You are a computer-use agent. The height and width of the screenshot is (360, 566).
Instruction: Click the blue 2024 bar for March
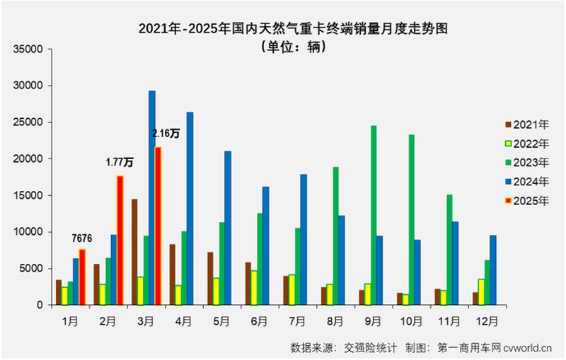pos(151,198)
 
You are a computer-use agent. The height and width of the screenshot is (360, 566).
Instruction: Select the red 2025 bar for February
pos(120,240)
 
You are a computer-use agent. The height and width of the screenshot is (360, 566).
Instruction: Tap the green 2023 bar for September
pos(374,215)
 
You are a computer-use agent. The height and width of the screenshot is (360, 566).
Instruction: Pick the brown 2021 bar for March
pos(134,252)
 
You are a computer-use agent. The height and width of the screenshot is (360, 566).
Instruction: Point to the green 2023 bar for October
pos(412,219)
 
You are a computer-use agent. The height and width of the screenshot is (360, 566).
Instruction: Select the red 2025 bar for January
pos(82,277)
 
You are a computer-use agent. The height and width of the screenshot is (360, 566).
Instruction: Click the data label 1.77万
pos(120,163)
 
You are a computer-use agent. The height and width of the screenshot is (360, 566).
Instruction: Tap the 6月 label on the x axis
pos(260,320)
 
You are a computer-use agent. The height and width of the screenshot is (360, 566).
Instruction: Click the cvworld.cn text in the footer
pos(531,347)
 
